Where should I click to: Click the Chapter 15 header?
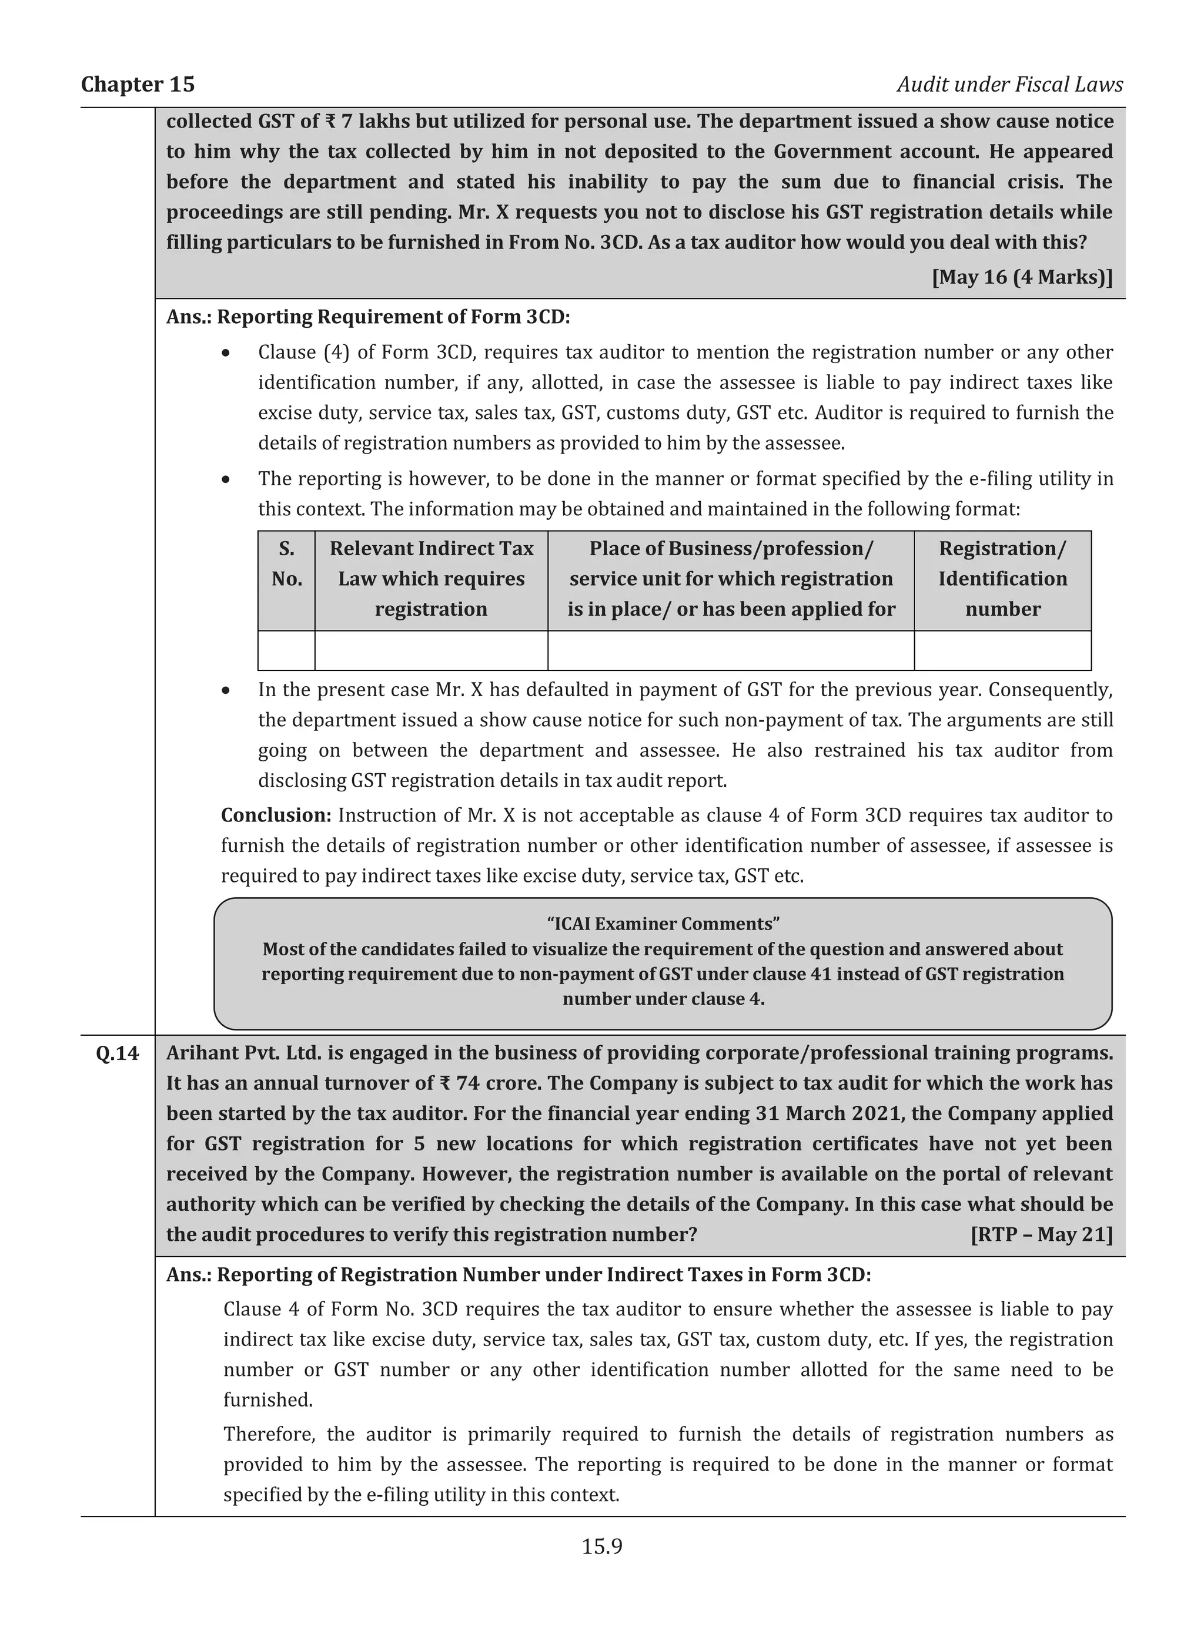[x=138, y=85]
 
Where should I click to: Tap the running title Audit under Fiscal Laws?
[x=1009, y=85]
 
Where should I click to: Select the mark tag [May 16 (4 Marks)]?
[x=1022, y=277]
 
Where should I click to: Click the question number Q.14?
[x=118, y=1053]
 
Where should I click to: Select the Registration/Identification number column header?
[x=1002, y=580]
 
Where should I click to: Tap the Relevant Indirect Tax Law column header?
[x=431, y=580]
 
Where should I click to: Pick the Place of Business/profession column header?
[x=731, y=580]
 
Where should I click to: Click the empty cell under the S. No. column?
[x=286, y=650]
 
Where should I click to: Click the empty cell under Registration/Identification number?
[x=1002, y=650]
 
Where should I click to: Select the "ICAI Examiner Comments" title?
[x=663, y=924]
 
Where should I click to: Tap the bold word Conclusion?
[x=276, y=815]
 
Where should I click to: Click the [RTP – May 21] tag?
[x=1042, y=1234]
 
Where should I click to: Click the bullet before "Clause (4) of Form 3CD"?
[x=227, y=353]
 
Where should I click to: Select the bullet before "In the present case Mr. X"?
[x=227, y=690]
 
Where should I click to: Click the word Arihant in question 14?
[x=203, y=1053]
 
